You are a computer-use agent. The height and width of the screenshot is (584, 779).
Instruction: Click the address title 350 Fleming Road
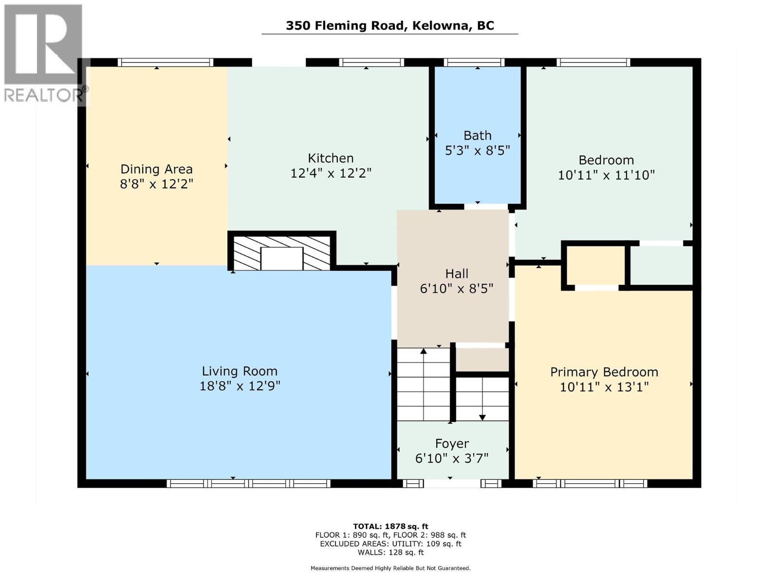tap(389, 25)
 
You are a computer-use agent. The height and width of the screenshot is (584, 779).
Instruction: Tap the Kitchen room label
tap(331, 158)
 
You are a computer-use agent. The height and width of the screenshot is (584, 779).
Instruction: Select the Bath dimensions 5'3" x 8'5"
tap(477, 150)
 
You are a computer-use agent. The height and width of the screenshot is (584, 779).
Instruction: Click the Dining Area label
tap(156, 169)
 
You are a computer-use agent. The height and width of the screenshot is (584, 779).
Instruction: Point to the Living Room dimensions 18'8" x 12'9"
tap(240, 386)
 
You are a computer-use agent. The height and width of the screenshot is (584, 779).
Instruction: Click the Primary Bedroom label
tap(604, 372)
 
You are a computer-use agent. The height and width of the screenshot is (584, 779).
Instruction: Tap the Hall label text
tap(456, 274)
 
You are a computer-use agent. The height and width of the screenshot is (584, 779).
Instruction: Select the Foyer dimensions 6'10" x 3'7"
tap(451, 458)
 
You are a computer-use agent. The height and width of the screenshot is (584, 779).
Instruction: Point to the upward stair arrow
tap(424, 351)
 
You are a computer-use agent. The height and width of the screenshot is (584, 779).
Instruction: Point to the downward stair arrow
tap(482, 417)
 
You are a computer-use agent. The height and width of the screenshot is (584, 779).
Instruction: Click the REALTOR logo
tap(44, 54)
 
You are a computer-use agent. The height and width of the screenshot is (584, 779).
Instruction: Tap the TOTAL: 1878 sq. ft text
tap(390, 526)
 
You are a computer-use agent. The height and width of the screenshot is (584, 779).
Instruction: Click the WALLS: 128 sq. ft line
tap(390, 552)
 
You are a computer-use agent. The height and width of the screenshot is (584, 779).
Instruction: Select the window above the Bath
tap(474, 62)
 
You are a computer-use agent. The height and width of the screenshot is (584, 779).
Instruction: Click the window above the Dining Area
tap(166, 62)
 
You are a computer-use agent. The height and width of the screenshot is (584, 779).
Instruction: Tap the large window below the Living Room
tap(248, 483)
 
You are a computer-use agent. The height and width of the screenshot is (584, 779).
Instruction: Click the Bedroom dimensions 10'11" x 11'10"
tap(606, 175)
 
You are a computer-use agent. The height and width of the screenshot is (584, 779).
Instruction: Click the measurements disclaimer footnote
tap(390, 568)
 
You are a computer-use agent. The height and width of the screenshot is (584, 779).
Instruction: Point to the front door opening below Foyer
tap(452, 483)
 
